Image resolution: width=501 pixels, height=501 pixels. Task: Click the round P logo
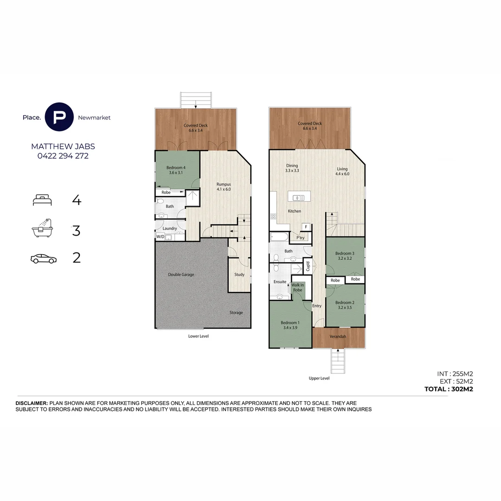[59, 117]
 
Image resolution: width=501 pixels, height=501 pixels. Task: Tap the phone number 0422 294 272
[63, 156]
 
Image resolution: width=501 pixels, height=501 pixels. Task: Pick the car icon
[43, 258]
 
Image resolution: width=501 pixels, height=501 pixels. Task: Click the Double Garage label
[181, 275]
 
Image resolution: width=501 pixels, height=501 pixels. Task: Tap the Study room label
[239, 275]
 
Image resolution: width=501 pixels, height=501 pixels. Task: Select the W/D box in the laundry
[160, 237]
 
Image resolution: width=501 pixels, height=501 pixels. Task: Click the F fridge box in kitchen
[305, 226]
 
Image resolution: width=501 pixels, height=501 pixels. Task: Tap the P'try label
[300, 238]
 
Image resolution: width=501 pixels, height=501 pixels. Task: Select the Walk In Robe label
[297, 287]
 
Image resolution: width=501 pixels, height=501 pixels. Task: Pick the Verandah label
[338, 336]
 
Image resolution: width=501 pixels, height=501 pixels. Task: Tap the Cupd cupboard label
[307, 266]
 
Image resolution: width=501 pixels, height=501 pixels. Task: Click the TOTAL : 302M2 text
[448, 389]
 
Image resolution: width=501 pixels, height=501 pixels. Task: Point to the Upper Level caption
[319, 378]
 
